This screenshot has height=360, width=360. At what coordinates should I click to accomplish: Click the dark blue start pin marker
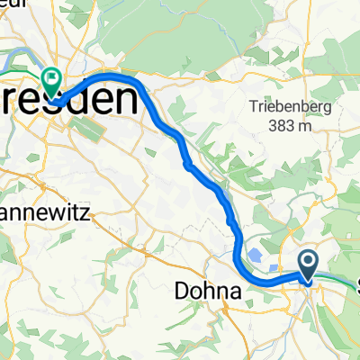tap(308, 265)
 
